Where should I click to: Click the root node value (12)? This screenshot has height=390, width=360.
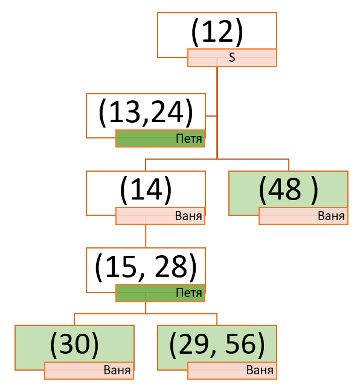coord(217,33)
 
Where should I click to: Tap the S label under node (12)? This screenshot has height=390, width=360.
coord(232,57)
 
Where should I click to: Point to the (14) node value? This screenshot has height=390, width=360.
coord(146,190)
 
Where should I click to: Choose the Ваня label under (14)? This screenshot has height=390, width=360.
coord(188,216)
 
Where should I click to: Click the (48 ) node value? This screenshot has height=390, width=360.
coord(288,190)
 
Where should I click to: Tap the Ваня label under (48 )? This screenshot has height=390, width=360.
coord(331,216)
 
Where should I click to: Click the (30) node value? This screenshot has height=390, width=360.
coord(74,345)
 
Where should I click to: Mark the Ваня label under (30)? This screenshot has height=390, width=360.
coord(117,370)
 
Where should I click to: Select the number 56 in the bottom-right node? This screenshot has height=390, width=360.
coord(241,344)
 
